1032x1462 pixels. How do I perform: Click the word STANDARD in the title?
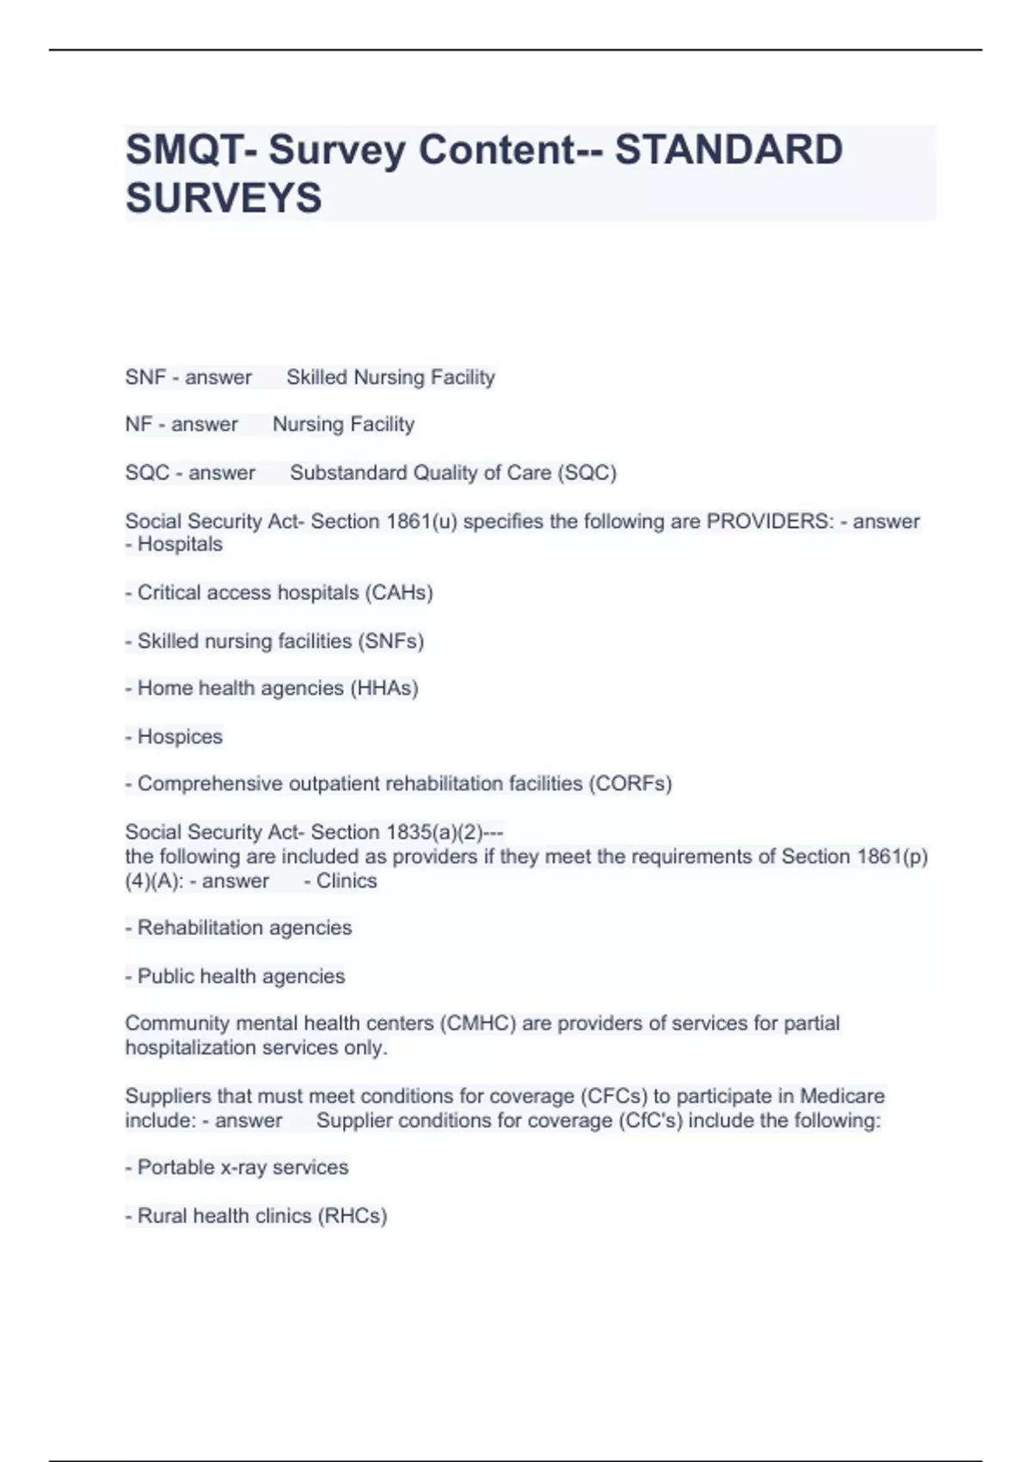point(728,150)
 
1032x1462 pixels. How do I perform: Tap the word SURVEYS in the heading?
point(224,198)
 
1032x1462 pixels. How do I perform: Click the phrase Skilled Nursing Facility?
point(390,378)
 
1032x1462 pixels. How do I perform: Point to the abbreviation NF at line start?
point(138,425)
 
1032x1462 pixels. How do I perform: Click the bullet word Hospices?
point(180,737)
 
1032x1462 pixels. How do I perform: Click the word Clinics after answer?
point(347,881)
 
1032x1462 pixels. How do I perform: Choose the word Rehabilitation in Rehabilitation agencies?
point(198,928)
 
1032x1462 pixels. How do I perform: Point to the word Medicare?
point(842,1096)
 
